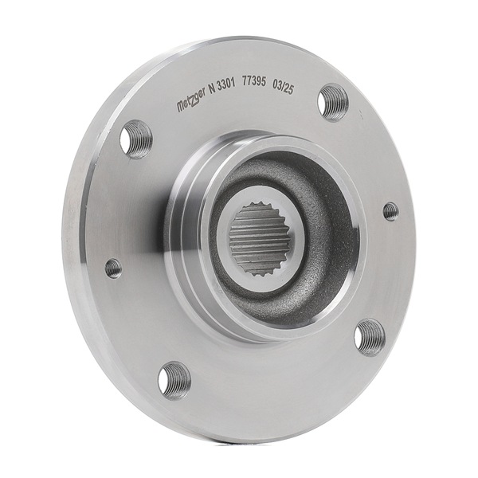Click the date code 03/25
coord(284,84)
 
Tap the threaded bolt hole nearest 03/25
coord(333,102)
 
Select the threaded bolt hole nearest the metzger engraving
coord(136,138)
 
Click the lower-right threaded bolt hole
coord(370,336)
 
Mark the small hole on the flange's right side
coord(390,211)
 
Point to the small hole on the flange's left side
coord(114,268)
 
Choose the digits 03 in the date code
coord(277,84)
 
